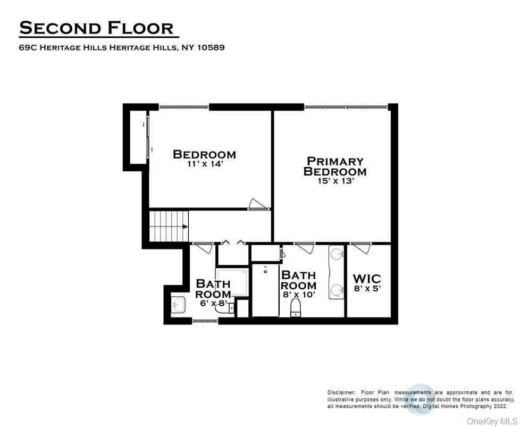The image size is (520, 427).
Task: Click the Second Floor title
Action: [96, 28]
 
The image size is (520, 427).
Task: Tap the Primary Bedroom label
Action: [335, 166]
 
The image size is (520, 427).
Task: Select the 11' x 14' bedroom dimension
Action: [204, 164]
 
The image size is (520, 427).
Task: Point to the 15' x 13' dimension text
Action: [335, 181]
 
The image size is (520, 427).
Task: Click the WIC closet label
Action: [367, 279]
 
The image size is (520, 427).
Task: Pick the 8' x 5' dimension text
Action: [367, 289]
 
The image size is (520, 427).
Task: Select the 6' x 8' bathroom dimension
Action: [213, 303]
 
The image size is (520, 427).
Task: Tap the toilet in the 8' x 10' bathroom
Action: [296, 308]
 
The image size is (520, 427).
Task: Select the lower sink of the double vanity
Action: [337, 290]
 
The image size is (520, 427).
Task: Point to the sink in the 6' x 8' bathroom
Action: [178, 305]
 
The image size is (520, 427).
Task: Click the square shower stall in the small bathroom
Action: [232, 282]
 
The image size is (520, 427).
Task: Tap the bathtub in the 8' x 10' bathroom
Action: [265, 289]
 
